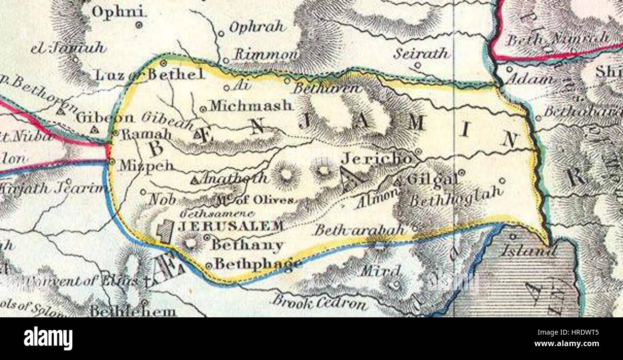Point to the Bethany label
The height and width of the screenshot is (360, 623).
(x=247, y=246)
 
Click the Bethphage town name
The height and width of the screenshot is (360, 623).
(x=257, y=264)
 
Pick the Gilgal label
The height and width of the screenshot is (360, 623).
(x=431, y=180)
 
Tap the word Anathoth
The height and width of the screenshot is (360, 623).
(x=233, y=179)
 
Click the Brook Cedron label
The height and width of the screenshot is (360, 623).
(x=320, y=302)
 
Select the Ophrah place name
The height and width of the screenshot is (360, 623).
(x=257, y=27)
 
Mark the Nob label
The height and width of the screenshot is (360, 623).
(x=162, y=199)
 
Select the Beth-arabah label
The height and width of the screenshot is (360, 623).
(x=359, y=230)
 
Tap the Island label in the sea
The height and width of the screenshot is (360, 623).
(x=528, y=250)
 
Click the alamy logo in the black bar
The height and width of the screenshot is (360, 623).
(x=48, y=338)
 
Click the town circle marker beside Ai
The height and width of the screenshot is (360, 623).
(x=227, y=88)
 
